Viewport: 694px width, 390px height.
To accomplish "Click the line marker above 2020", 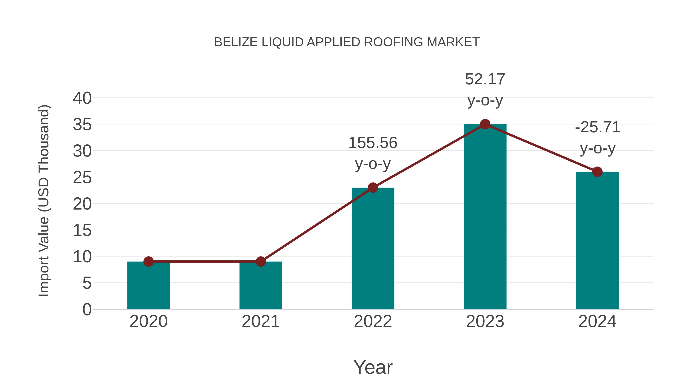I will point(148,261).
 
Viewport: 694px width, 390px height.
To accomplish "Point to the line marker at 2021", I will point(260,261).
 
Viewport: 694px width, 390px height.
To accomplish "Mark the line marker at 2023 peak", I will point(485,124).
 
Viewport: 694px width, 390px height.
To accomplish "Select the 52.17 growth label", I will point(485,90).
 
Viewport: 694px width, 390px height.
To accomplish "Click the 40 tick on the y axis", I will point(82,98).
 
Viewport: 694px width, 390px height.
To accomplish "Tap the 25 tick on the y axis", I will point(82,178).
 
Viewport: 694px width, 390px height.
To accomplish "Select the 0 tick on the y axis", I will point(87,309).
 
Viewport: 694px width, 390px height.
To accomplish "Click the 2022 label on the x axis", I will point(373,321).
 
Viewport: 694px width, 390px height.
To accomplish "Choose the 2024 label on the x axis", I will point(597,321).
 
